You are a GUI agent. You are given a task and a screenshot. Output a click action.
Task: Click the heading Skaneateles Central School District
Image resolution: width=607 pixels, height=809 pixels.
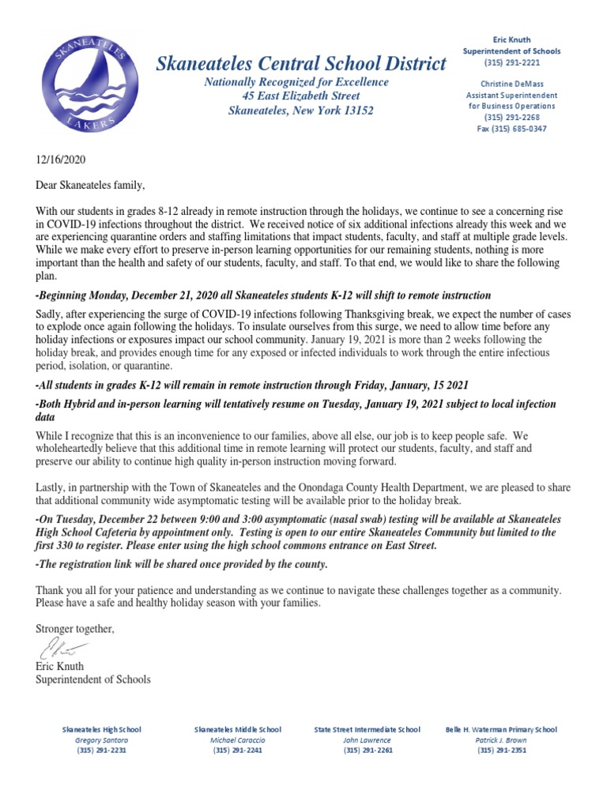coord(301,64)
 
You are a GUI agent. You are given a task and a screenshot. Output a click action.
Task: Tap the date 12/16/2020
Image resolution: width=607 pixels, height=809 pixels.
coord(60,159)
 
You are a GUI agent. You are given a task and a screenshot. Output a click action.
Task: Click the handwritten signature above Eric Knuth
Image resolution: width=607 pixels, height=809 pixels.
coord(60,651)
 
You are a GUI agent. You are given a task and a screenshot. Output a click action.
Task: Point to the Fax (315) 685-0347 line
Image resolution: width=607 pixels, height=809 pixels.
coord(511,129)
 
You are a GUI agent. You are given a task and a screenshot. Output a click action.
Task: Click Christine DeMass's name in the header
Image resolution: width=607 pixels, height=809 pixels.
coord(511,83)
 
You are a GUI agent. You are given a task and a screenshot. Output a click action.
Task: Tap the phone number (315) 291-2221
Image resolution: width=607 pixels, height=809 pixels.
coord(511,62)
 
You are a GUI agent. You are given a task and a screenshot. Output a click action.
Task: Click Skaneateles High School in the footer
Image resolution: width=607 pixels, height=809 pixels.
coord(102,729)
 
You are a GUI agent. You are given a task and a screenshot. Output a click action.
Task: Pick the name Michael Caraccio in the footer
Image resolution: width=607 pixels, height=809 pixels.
coord(237,739)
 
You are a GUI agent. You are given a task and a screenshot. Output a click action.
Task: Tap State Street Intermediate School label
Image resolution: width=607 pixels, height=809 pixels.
coord(367,729)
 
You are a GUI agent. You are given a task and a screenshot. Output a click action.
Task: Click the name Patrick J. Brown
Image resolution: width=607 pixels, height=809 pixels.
coord(501,739)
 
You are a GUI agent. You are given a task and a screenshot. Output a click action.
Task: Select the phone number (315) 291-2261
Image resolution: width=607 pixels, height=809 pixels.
coord(368,750)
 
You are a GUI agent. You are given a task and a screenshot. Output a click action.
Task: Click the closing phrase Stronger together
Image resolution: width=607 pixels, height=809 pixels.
coord(75,629)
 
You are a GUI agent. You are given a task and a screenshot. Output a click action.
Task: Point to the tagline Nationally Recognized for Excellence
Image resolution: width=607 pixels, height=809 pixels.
coord(296,82)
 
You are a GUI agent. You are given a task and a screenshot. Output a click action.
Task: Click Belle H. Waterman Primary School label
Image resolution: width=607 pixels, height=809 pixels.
coord(501,729)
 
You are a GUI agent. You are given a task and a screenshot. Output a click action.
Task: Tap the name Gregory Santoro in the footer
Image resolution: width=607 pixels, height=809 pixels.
coord(102,739)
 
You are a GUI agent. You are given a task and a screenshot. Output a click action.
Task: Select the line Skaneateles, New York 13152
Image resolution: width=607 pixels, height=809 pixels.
coord(301,111)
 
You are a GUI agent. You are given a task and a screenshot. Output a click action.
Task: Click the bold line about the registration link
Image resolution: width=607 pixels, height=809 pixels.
coord(181,564)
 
